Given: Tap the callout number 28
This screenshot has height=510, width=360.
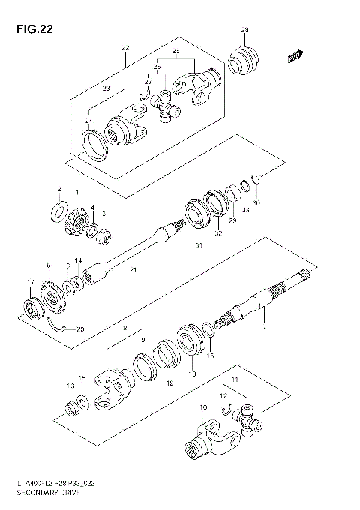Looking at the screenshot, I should (244, 31).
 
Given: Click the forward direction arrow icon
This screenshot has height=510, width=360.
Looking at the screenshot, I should (295, 55).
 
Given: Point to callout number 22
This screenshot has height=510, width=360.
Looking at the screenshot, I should (124, 48).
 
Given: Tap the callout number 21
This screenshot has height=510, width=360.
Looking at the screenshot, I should (133, 269).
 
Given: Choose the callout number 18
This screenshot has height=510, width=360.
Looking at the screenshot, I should (192, 373).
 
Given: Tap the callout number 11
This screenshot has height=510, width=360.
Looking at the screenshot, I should (235, 382).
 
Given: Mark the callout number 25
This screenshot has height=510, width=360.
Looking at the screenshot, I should (175, 51).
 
